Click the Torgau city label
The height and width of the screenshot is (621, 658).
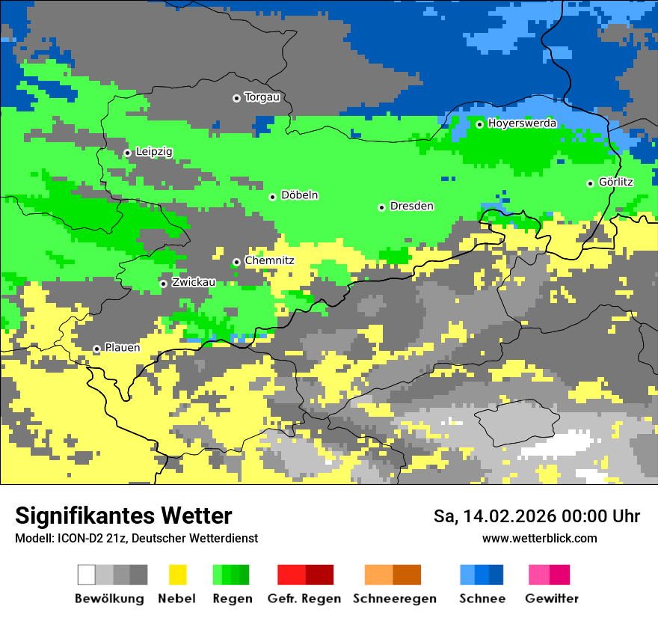click(262, 97)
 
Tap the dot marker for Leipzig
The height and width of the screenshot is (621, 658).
click(127, 153)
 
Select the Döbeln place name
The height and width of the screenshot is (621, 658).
click(299, 195)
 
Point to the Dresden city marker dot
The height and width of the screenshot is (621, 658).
click(381, 207)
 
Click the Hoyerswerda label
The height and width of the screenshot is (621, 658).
click(522, 123)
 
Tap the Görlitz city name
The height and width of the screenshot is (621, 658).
click(615, 182)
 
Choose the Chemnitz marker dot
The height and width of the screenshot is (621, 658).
click(236, 262)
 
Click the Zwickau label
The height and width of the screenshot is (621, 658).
click(193, 282)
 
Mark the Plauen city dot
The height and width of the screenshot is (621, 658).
click(96, 349)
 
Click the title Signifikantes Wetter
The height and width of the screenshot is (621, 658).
click(123, 516)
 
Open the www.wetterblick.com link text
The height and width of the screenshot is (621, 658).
click(539, 538)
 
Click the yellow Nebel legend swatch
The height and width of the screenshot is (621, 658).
click(177, 575)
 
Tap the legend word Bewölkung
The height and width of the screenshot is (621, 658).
click(109, 599)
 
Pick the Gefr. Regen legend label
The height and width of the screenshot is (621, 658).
click(304, 599)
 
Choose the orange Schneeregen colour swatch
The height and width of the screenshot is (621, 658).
click(378, 575)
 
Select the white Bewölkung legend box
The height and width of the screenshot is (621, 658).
click(87, 575)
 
